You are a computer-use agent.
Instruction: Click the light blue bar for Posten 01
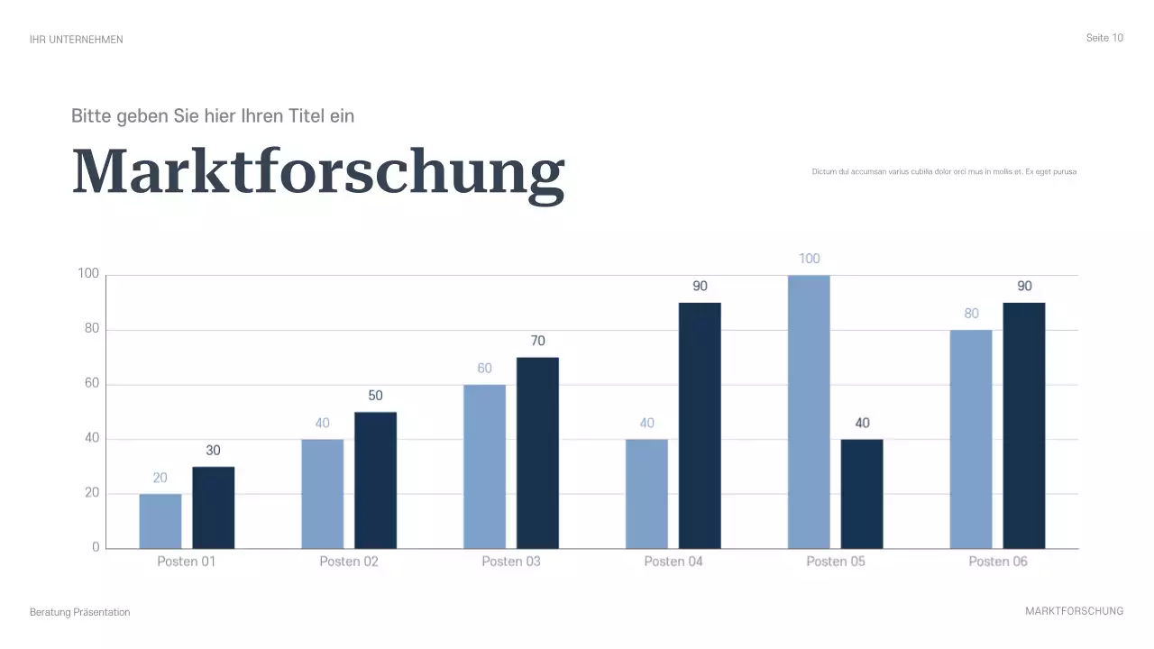[x=160, y=521]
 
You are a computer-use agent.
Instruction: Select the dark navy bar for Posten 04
[x=700, y=425]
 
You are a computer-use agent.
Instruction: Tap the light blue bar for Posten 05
[x=809, y=412]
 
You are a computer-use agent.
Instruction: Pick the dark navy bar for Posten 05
[x=862, y=494]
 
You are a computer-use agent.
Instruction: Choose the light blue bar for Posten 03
[x=484, y=467]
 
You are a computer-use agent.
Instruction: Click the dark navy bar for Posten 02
[x=375, y=480]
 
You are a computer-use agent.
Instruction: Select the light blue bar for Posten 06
[x=971, y=439]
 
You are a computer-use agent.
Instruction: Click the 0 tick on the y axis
[x=96, y=548]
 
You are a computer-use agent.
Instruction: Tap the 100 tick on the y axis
[x=88, y=275]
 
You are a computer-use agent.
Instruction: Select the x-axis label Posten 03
[x=511, y=562]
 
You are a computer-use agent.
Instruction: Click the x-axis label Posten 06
[x=998, y=562]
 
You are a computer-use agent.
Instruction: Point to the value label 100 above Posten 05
[x=810, y=259]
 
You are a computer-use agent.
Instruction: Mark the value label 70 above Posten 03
[x=538, y=341]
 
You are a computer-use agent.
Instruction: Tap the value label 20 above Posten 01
[x=160, y=478]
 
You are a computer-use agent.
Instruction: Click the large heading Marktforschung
[x=318, y=171]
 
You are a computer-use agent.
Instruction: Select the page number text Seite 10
[x=1104, y=38]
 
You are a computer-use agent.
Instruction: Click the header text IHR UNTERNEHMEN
[x=77, y=40]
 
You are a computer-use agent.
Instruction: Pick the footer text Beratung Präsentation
[x=80, y=612]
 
